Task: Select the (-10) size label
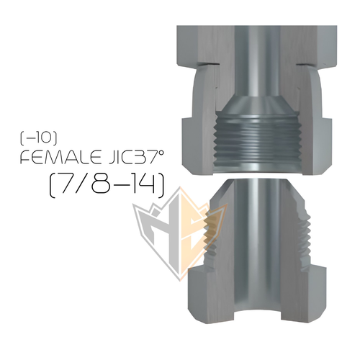(x=38, y=138)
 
